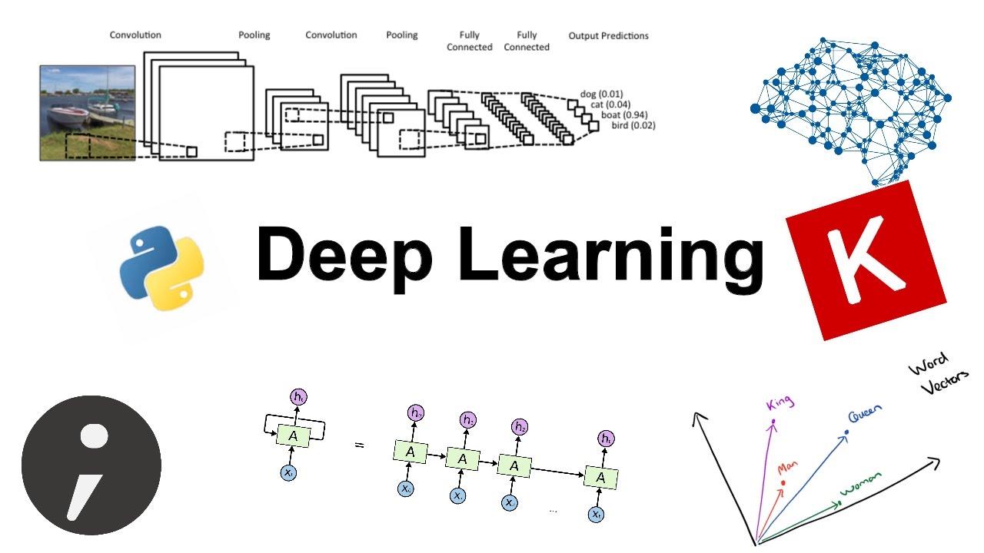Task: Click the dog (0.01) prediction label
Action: (x=601, y=94)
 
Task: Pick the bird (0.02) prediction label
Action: (x=633, y=124)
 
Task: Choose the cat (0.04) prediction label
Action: (x=610, y=104)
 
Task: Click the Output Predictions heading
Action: (x=608, y=36)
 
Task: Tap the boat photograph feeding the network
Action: (x=88, y=112)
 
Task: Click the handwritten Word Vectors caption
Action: (x=932, y=374)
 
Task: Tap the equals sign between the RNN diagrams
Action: (x=359, y=445)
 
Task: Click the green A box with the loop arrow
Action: (x=292, y=435)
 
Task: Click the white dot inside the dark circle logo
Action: (x=95, y=435)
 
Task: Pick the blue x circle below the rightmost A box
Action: (x=596, y=515)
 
